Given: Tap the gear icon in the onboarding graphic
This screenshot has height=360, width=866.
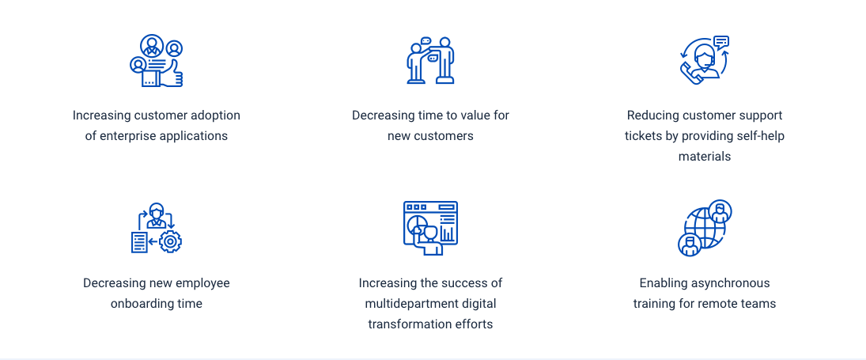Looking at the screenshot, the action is (x=171, y=241).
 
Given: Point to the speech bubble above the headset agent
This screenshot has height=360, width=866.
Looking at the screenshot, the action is (x=720, y=42).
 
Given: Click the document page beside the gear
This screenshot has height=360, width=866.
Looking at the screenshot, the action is (x=139, y=242).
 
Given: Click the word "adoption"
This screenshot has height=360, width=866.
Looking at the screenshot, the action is (x=215, y=116).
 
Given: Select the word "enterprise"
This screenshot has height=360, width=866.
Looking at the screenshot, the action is (x=129, y=135).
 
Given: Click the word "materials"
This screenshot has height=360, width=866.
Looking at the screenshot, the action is (x=704, y=156).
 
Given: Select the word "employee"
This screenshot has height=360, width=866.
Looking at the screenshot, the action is (x=202, y=283).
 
